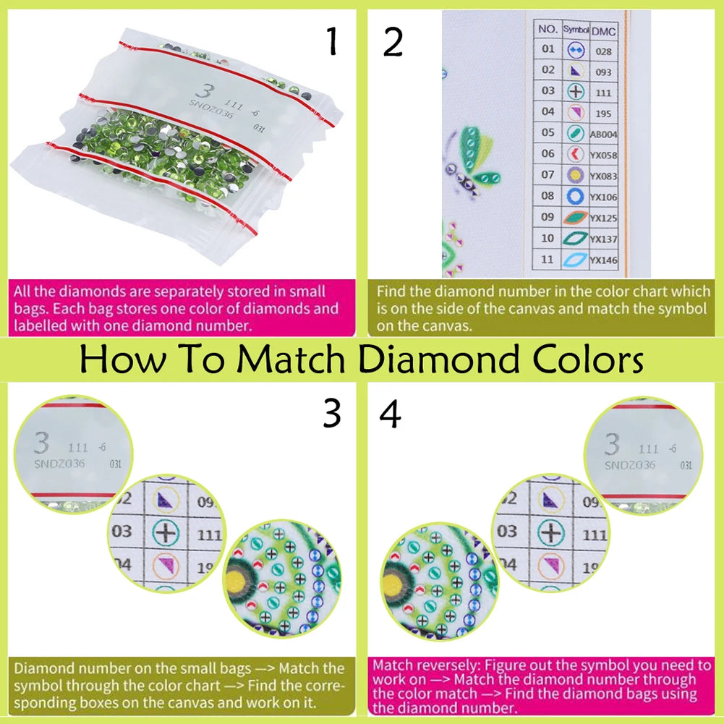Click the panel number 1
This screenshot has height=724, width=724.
(332, 42)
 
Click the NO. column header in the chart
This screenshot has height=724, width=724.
(548, 30)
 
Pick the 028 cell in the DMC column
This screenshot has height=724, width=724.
(603, 51)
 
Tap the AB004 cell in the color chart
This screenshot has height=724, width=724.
(602, 135)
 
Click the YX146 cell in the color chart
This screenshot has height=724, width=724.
(602, 260)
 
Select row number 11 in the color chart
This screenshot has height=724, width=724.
(548, 259)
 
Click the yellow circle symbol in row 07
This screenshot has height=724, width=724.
(575, 175)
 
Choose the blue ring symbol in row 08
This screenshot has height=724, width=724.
(575, 196)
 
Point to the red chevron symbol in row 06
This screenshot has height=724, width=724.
(575, 154)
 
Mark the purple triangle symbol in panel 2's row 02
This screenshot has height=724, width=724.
(575, 71)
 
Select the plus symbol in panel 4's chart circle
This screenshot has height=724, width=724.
(552, 533)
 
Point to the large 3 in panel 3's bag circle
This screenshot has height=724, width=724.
(43, 443)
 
